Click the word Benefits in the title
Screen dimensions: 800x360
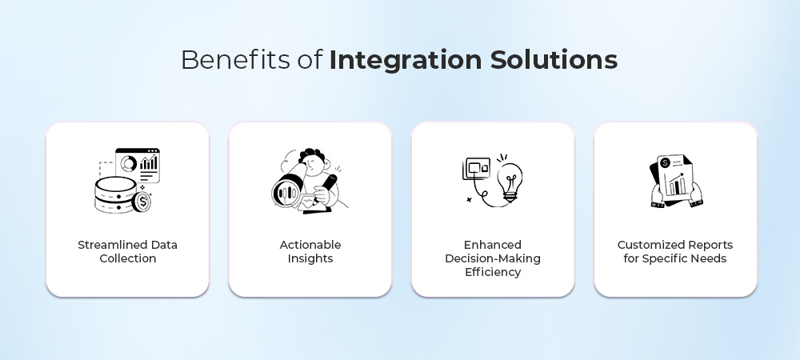(x=236, y=60)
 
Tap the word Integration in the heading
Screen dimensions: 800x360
(x=406, y=61)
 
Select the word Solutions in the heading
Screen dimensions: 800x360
(x=554, y=60)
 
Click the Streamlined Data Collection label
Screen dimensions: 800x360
(x=127, y=251)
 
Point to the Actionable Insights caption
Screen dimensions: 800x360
(x=310, y=251)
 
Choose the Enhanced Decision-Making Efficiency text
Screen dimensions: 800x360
(x=493, y=258)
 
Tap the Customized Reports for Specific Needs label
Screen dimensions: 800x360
(x=675, y=251)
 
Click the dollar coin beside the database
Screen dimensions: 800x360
(x=142, y=202)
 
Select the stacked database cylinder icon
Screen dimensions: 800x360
(x=116, y=194)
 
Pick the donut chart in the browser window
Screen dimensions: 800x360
(x=129, y=164)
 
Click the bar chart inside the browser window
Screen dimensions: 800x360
(x=149, y=163)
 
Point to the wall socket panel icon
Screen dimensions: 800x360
(x=476, y=169)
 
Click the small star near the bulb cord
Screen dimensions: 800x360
(x=468, y=200)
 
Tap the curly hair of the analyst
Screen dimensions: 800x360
(x=311, y=154)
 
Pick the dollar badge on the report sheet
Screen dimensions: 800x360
(x=665, y=163)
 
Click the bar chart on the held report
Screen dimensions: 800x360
(x=675, y=185)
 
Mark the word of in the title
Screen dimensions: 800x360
(x=310, y=60)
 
